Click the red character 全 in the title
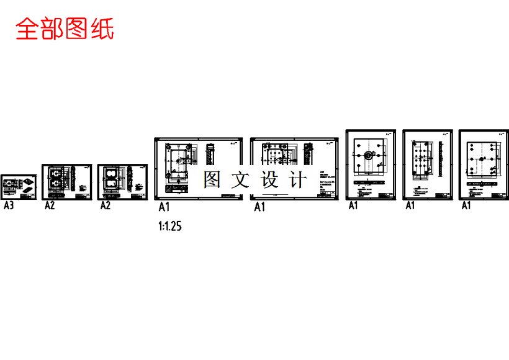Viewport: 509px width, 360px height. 27,29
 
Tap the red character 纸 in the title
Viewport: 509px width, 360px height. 102,29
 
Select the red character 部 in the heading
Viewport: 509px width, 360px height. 52,29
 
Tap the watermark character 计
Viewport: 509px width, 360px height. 298,180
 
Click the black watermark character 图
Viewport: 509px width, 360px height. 212,180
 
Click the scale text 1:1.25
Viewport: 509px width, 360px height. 169,227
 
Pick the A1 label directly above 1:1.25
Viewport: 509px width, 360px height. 164,207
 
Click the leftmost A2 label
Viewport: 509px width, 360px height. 50,205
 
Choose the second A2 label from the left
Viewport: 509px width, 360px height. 106,205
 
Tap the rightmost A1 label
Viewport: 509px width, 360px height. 466,205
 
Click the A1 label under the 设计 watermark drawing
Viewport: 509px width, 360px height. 259,207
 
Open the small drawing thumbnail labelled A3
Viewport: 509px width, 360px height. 19,186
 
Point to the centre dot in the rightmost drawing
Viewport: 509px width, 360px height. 482,159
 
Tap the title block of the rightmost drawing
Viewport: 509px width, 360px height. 493,196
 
